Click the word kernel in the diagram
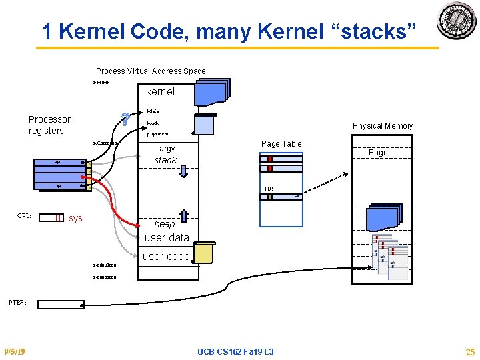point(160,91)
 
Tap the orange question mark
point(124,119)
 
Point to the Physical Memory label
point(383,125)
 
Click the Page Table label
point(281,143)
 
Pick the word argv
point(167,148)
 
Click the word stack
point(165,160)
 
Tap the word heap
point(164,224)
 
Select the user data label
point(167,237)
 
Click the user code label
point(167,256)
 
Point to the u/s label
point(270,189)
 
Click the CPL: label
point(25,216)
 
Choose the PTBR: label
point(17,302)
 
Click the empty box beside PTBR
point(61,305)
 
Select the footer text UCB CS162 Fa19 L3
point(236,351)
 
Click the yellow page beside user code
point(203,253)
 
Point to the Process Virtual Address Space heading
point(151,71)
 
